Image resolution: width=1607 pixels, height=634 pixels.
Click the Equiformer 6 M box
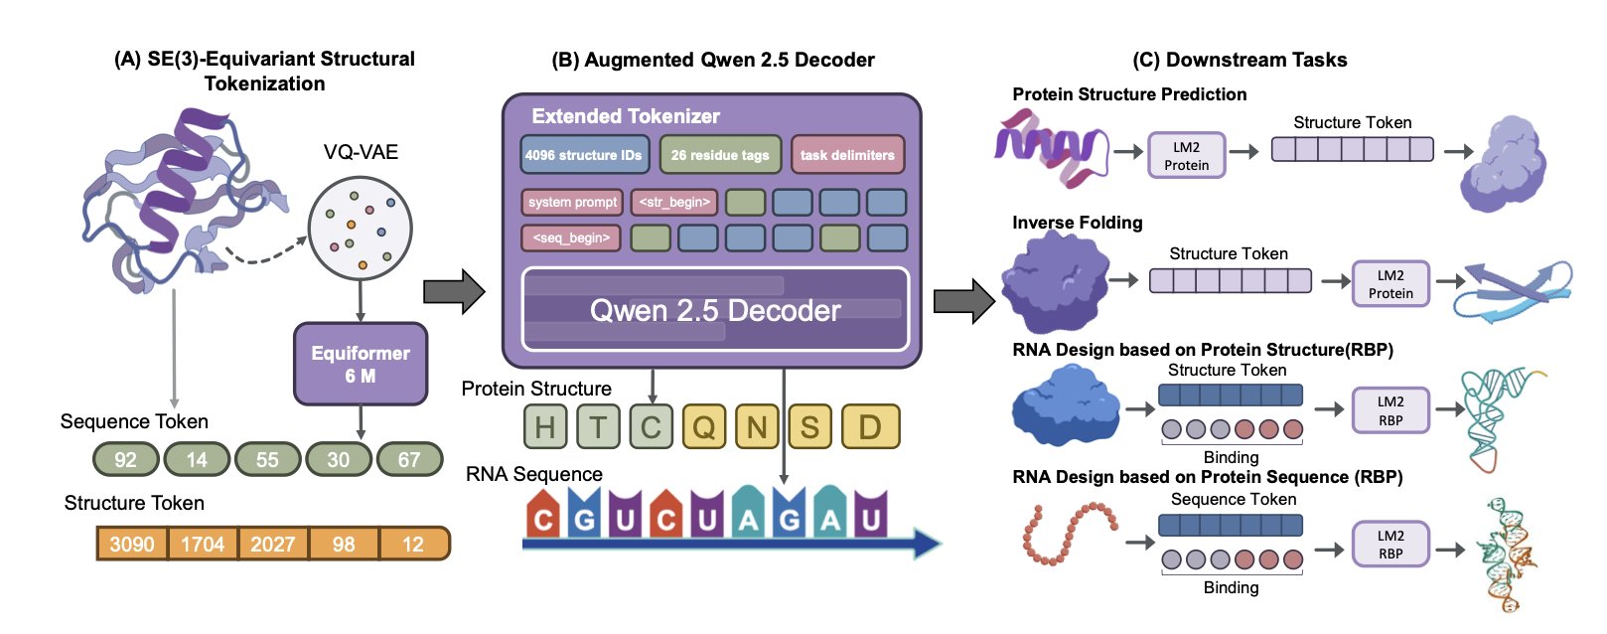click(361, 364)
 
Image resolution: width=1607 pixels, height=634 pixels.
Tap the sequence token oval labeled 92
click(126, 459)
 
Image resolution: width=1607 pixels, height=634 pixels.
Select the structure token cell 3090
click(132, 544)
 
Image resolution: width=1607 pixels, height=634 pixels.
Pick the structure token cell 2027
click(273, 544)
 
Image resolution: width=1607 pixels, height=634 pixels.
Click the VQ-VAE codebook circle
click(360, 229)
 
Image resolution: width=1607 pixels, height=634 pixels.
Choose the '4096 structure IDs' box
click(583, 155)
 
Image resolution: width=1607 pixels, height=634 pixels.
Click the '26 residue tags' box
click(720, 155)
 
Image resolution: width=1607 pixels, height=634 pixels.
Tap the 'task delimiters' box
click(847, 155)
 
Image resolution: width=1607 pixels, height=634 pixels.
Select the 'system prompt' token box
click(572, 202)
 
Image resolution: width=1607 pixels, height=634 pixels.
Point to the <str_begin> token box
click(674, 202)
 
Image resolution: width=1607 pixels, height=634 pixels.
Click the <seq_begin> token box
click(571, 238)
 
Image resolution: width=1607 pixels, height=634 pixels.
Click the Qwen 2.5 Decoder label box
click(715, 310)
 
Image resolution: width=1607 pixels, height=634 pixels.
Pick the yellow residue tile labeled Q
click(704, 426)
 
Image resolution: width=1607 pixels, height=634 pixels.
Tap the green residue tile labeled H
click(545, 426)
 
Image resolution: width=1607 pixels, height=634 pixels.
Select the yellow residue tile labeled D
click(870, 426)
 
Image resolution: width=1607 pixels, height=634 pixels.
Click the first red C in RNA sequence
click(542, 518)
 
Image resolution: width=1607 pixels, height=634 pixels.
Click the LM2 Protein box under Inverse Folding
click(1390, 284)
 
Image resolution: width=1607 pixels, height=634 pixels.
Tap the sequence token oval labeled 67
click(409, 459)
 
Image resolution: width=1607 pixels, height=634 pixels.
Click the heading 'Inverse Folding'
click(1078, 223)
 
